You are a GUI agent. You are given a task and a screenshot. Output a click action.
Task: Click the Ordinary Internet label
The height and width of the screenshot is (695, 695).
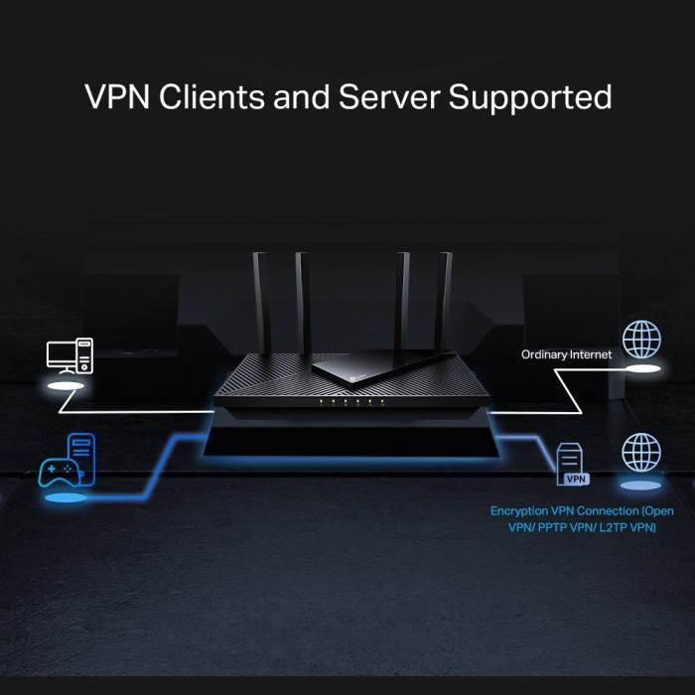567,353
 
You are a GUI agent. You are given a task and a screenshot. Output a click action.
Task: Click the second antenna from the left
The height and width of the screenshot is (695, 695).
302,298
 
